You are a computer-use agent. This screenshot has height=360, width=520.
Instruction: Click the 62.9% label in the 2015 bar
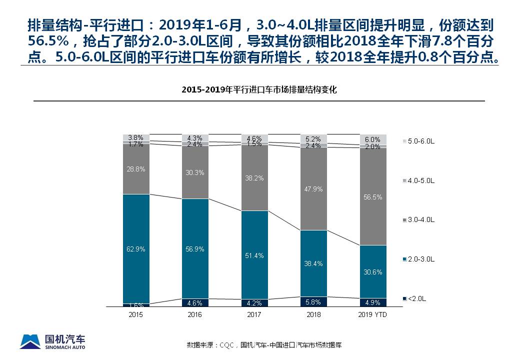click(x=136, y=249)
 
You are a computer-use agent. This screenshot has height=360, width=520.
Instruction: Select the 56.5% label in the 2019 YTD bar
click(x=373, y=197)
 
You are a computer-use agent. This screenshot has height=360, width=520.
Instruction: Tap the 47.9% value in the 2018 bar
click(x=313, y=189)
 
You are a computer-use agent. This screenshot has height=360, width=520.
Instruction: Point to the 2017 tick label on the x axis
click(x=254, y=315)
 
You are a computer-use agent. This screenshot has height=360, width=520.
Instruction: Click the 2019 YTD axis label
click(x=373, y=315)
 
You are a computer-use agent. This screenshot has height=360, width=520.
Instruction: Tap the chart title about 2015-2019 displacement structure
click(x=259, y=90)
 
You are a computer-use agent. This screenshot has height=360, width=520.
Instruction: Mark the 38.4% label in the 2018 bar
click(x=313, y=263)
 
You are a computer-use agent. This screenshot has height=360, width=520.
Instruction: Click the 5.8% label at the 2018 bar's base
click(x=313, y=302)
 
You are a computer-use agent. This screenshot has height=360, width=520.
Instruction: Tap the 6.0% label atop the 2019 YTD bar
click(x=373, y=139)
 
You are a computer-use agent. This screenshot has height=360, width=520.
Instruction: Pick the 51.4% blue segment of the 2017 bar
click(x=254, y=255)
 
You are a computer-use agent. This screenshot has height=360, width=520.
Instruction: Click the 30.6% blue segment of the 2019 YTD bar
click(x=373, y=271)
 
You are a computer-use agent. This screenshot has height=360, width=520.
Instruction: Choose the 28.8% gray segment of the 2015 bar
click(x=136, y=169)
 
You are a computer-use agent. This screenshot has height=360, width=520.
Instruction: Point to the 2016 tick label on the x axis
click(x=195, y=315)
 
